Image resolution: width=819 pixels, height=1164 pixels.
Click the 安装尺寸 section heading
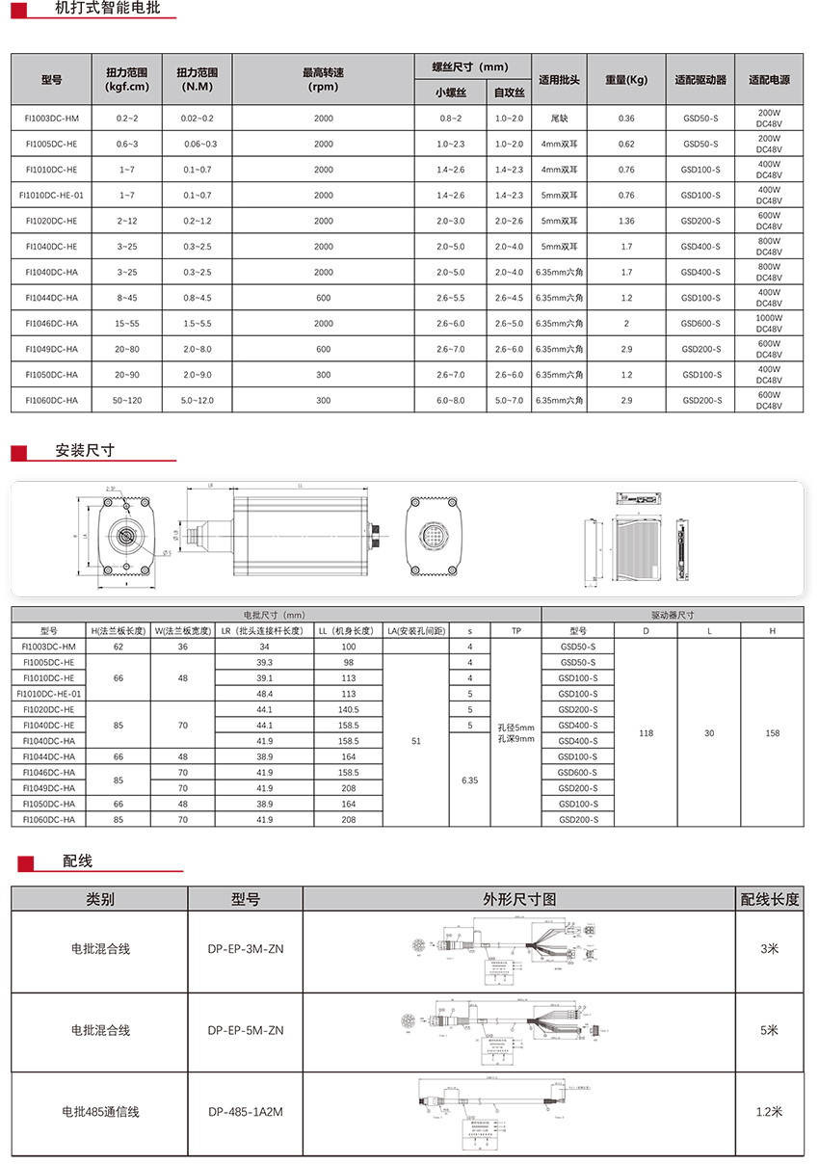[x=85, y=450]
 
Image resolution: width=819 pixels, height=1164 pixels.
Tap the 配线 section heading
[x=77, y=860]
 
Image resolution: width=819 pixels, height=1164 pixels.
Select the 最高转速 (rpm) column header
[x=323, y=79]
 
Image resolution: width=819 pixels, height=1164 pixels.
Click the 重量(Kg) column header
[x=626, y=80]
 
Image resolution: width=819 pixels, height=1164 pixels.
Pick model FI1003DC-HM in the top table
[x=52, y=119]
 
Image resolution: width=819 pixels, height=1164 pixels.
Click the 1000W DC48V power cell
[x=769, y=323]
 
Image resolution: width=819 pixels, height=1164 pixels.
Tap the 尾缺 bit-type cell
[x=559, y=119]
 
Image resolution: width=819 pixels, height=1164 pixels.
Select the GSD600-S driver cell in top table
[x=700, y=324]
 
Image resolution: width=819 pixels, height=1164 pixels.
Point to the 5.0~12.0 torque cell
[x=197, y=400]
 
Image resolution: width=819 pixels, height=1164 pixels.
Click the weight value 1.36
[x=626, y=221]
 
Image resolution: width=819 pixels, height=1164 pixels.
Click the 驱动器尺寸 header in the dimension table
[x=674, y=615]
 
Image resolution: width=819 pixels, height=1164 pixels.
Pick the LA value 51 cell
[x=415, y=741]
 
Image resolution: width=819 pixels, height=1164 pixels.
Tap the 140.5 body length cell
[x=348, y=709]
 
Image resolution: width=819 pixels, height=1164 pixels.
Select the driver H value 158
[x=772, y=733]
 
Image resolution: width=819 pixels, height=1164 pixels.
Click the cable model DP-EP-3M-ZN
[x=246, y=949]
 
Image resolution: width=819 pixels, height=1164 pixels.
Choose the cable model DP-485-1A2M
[x=246, y=1112]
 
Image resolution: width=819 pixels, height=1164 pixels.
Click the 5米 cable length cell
[x=769, y=1030]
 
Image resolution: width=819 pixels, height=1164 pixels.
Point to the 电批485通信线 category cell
[x=100, y=1112]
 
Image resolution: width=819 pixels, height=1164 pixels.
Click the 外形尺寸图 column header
[x=519, y=899]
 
